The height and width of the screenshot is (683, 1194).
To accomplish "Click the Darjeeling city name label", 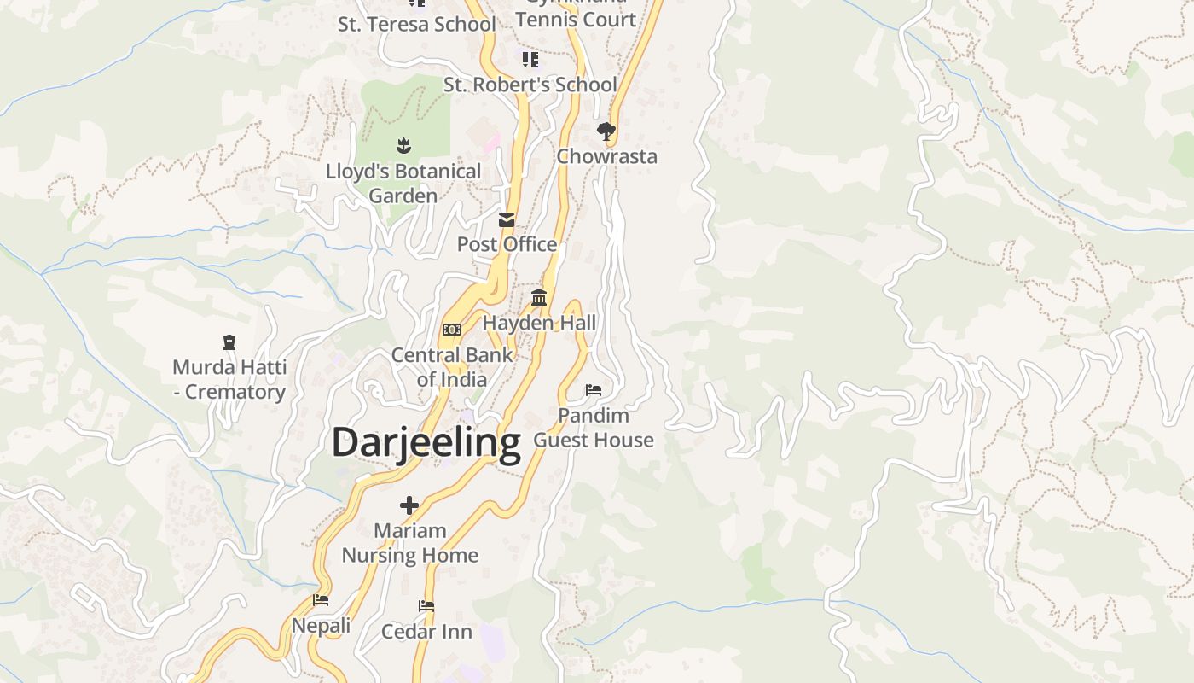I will [426, 443].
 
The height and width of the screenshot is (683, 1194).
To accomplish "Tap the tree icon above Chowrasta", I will [606, 131].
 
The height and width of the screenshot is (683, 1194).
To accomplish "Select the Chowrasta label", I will [606, 156].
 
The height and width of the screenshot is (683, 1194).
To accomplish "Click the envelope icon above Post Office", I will [507, 220].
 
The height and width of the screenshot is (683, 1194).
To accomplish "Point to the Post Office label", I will [507, 244].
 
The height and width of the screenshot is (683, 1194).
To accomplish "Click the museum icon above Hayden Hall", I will [539, 298].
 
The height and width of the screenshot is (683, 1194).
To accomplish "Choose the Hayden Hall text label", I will [539, 323].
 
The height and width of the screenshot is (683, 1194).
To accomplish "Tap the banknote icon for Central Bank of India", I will [452, 330].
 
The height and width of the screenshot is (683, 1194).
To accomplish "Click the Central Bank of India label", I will [452, 367].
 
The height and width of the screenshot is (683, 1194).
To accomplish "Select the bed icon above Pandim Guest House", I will [594, 390].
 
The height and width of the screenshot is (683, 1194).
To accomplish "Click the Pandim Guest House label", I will [594, 428].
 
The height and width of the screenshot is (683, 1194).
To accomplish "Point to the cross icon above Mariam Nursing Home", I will [409, 505].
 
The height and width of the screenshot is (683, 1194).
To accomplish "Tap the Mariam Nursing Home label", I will [409, 543].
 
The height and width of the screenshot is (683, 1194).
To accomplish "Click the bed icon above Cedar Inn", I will [426, 606].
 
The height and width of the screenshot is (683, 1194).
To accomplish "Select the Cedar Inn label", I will [426, 632].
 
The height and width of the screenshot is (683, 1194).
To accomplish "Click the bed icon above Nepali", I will [321, 600].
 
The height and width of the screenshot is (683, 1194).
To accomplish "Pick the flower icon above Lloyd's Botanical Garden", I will [403, 146].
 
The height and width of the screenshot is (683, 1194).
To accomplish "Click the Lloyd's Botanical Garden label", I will [403, 184].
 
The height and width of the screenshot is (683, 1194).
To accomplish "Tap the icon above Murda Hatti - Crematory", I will [229, 342].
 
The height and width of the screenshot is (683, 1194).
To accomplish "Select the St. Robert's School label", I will [530, 85].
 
